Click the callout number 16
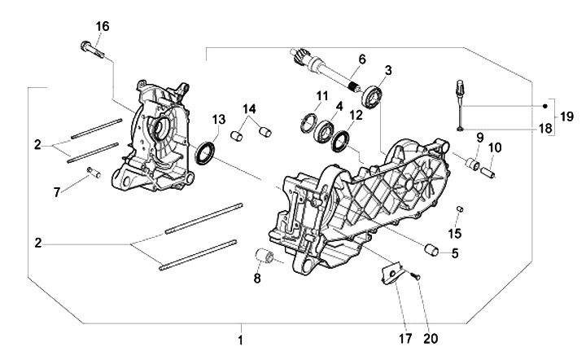(102, 26)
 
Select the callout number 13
(217, 121)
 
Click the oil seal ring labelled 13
(208, 151)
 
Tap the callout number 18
(544, 128)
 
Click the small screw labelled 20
(417, 278)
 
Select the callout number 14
(249, 108)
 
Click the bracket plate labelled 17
(394, 273)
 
